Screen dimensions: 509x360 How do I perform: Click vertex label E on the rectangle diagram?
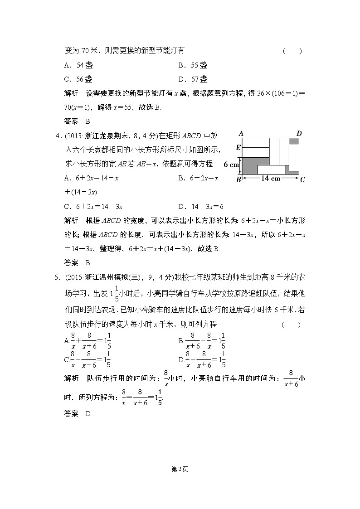coord(238,148)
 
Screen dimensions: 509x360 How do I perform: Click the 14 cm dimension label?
coord(271,179)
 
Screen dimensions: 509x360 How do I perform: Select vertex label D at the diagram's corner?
coord(299,133)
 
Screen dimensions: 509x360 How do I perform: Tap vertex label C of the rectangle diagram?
coord(302,180)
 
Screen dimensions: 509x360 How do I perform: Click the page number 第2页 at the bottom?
coord(180,469)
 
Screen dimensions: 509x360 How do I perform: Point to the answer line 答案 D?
coord(75,414)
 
